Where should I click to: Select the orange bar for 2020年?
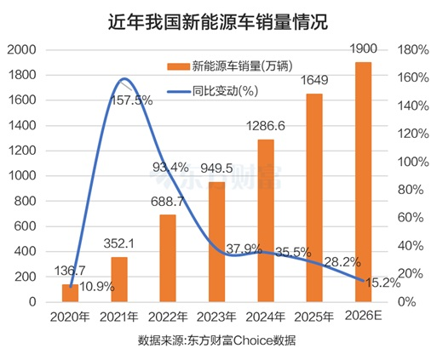coord(71,293)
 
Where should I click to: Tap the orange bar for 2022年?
coord(168,258)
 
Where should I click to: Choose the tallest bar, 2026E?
coord(363,181)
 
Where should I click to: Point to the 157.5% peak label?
coord(131,100)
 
